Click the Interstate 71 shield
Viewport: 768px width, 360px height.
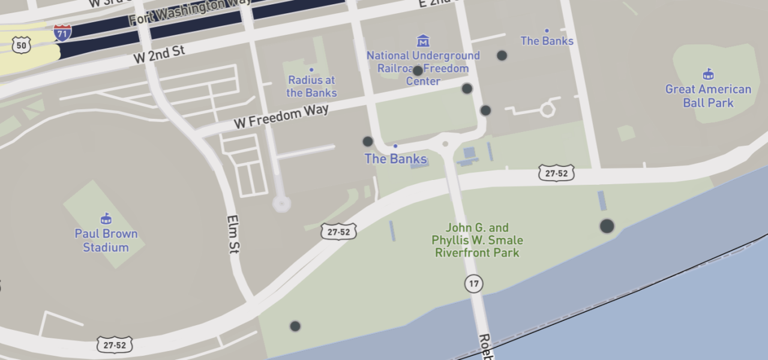[x=62, y=32]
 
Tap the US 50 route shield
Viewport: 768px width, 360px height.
[x=22, y=45]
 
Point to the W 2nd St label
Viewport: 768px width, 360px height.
[x=158, y=54]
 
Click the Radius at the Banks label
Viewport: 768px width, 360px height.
[x=311, y=86]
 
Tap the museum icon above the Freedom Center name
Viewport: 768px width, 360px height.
[x=423, y=41]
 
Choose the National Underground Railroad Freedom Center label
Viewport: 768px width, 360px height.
[x=423, y=68]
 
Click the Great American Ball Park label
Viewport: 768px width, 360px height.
[x=708, y=96]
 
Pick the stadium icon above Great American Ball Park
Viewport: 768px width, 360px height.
[x=708, y=74]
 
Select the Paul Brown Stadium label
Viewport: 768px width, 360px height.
[x=106, y=240]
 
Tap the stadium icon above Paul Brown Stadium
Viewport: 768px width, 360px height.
[x=106, y=218]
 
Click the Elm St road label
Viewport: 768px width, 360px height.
[x=233, y=234]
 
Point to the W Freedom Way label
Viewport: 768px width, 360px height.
[x=281, y=116]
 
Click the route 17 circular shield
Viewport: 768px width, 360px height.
[x=474, y=283]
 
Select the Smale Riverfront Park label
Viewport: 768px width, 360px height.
[x=478, y=240]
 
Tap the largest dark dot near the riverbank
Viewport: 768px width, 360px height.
[x=607, y=226]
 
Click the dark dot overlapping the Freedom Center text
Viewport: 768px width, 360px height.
[x=418, y=71]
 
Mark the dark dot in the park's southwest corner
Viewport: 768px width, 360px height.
[x=295, y=326]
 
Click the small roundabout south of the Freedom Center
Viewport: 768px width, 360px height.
[x=445, y=144]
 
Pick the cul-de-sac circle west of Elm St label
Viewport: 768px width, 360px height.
[x=281, y=203]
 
